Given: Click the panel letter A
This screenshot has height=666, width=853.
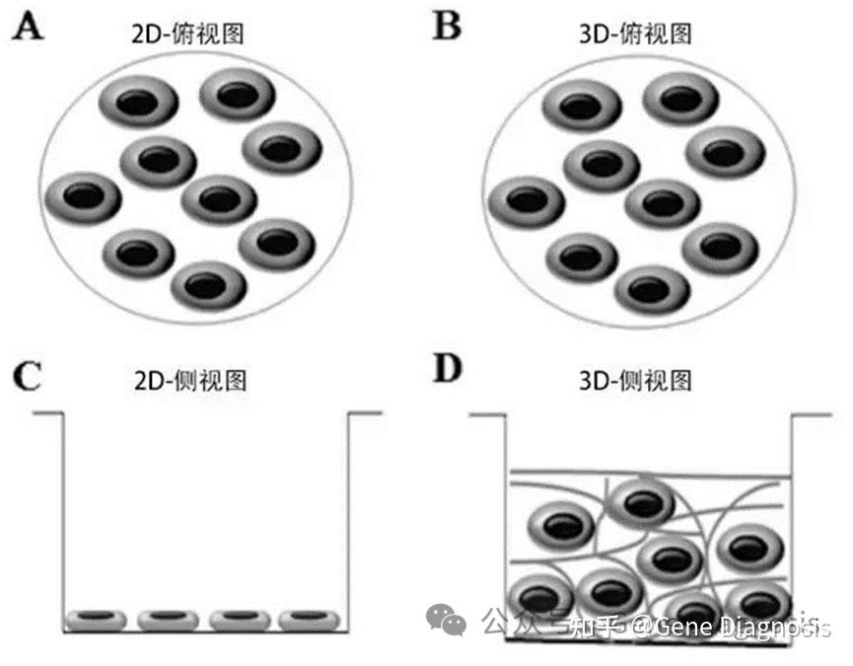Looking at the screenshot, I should [x=26, y=27].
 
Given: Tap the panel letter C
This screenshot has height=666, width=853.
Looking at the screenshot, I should [x=28, y=377].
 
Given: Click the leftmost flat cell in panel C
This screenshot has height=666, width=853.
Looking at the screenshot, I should [x=96, y=619].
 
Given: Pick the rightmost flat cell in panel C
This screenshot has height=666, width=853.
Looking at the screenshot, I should [x=309, y=619].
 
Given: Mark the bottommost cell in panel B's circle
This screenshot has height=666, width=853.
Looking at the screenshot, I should [x=651, y=289].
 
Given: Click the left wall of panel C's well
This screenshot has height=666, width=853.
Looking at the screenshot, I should [x=64, y=513].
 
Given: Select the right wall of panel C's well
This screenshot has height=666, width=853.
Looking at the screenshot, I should [x=348, y=513].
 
